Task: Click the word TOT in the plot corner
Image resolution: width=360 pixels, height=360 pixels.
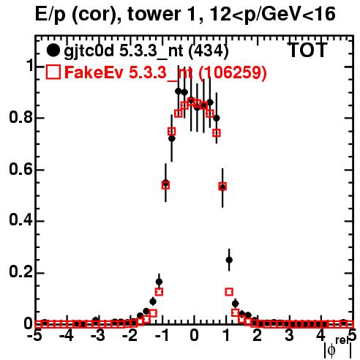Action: coord(308,50)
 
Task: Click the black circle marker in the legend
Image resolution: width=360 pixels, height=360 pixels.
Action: coord(53,50)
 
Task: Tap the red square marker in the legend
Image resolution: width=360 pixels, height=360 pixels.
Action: coord(53,72)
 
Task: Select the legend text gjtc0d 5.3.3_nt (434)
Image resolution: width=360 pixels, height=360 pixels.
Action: coord(146,52)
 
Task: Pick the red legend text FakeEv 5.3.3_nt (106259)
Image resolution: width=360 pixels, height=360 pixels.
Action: coord(165,72)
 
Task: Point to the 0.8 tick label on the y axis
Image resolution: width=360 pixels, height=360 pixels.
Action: coord(20,118)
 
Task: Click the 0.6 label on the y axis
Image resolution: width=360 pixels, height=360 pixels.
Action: coord(20,169)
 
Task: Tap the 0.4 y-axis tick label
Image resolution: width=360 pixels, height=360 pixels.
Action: coord(20,221)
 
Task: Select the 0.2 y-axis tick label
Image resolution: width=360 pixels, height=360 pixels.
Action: coord(20,272)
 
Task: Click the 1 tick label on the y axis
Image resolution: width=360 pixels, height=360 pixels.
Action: coord(30,66)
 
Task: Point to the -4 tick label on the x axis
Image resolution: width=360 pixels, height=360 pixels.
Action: coord(67,336)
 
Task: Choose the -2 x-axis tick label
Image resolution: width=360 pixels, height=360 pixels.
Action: coord(130,336)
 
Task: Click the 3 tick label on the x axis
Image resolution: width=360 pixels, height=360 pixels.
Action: coord(289,336)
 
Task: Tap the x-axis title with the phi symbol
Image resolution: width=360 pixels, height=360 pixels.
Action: coord(338,348)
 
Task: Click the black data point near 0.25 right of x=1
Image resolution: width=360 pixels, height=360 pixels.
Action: coord(229,260)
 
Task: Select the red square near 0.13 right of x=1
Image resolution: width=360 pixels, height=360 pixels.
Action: coord(229,292)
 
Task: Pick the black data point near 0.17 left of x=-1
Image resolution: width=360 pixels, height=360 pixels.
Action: coord(159,282)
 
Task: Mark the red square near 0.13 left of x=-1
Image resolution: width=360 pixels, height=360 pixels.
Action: coord(159,292)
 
